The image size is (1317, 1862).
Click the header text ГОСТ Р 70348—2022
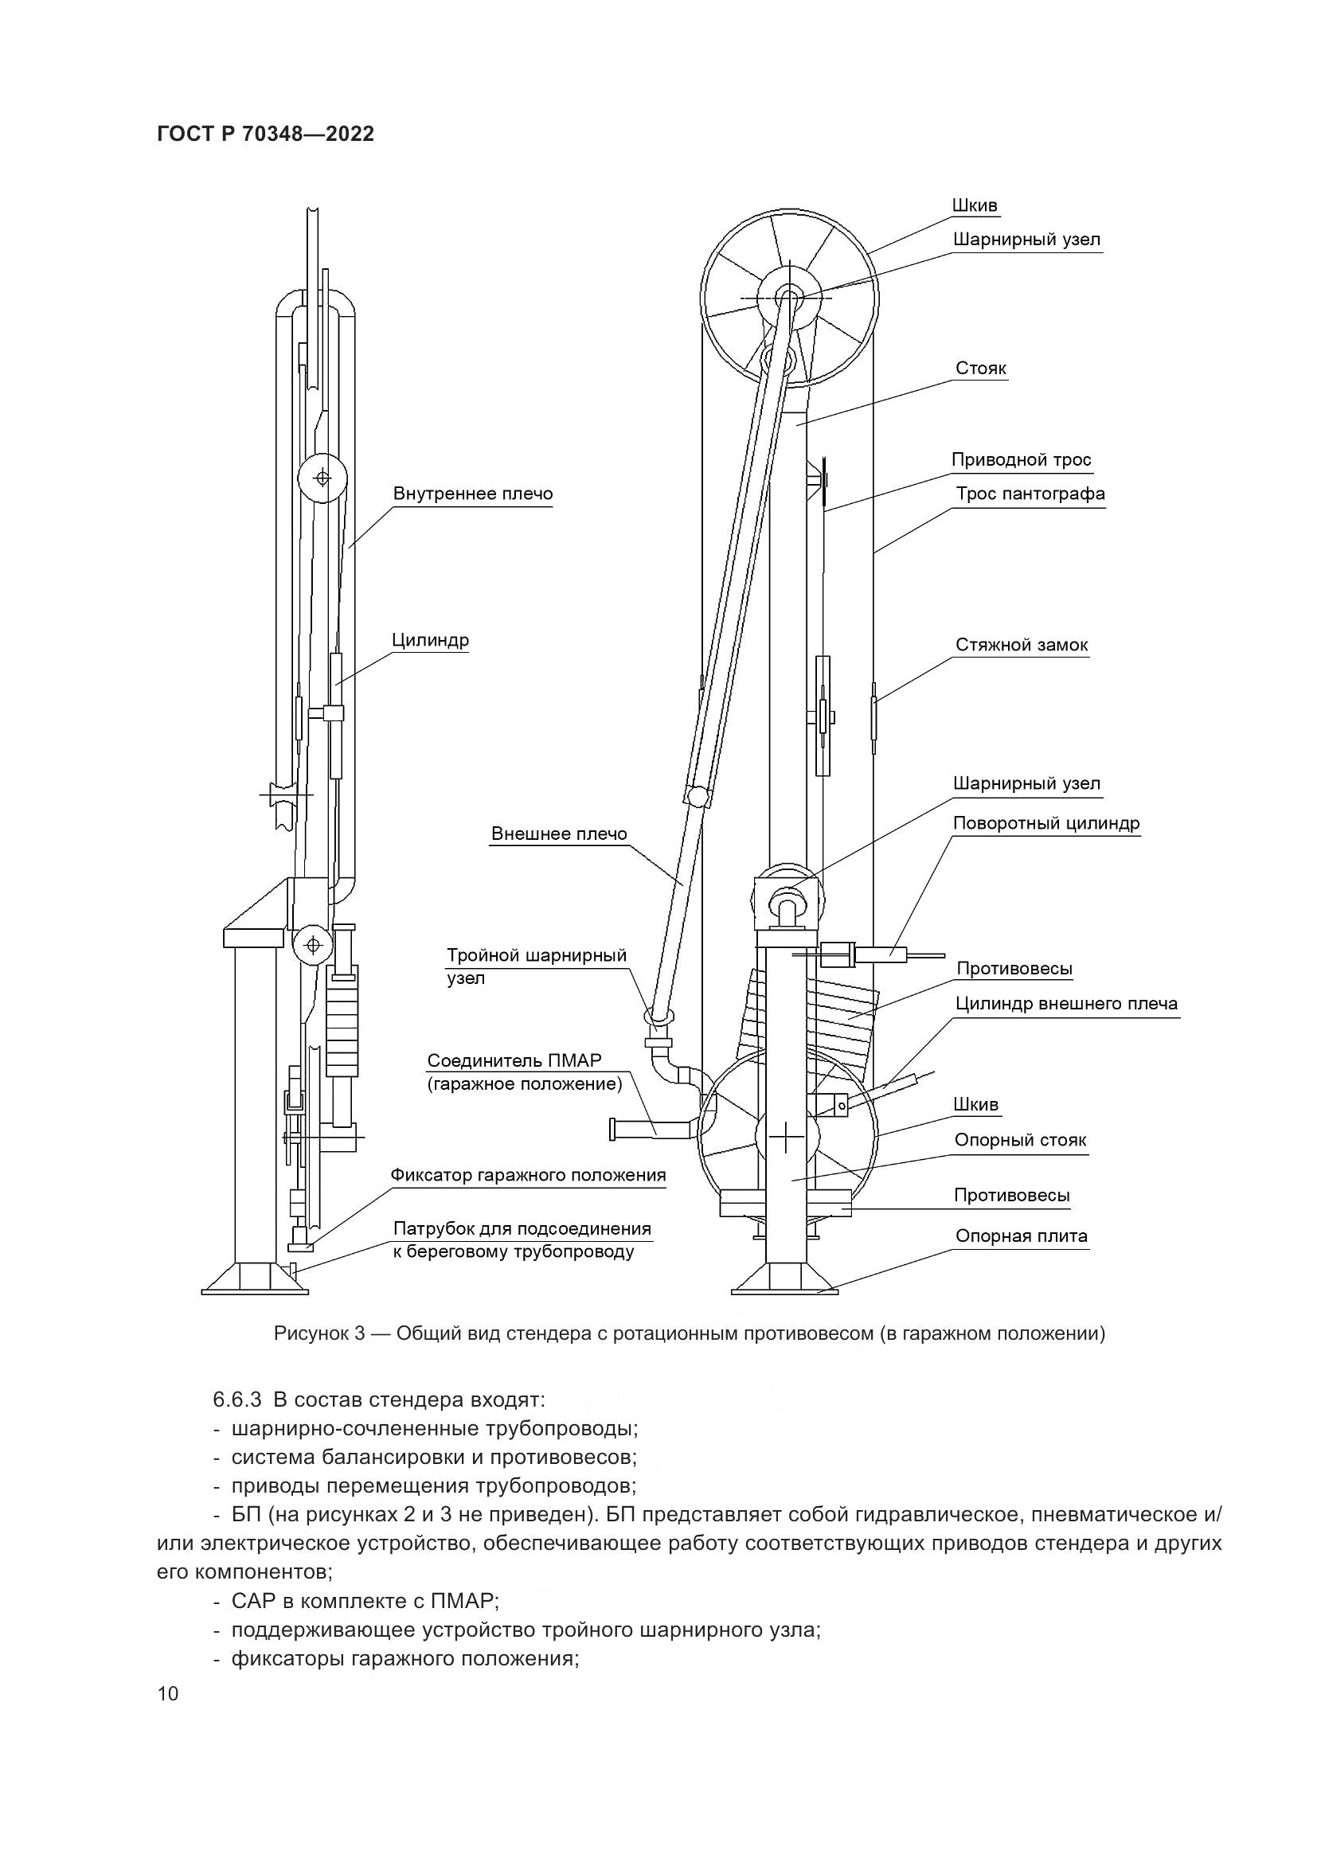(x=265, y=135)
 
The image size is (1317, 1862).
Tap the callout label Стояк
(x=980, y=369)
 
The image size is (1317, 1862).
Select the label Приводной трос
(x=1021, y=460)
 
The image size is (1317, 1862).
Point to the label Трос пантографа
(x=1030, y=494)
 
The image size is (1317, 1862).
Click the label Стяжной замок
(x=1021, y=645)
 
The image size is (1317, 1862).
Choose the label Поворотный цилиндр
(x=1046, y=823)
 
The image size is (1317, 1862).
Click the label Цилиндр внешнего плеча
(x=1065, y=1003)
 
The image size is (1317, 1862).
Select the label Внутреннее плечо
(x=473, y=493)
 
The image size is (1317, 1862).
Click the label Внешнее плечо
(x=559, y=833)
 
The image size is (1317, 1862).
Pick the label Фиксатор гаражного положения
(x=528, y=1174)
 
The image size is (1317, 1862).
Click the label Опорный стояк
(x=1019, y=1140)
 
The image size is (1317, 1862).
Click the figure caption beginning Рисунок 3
(x=690, y=1333)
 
